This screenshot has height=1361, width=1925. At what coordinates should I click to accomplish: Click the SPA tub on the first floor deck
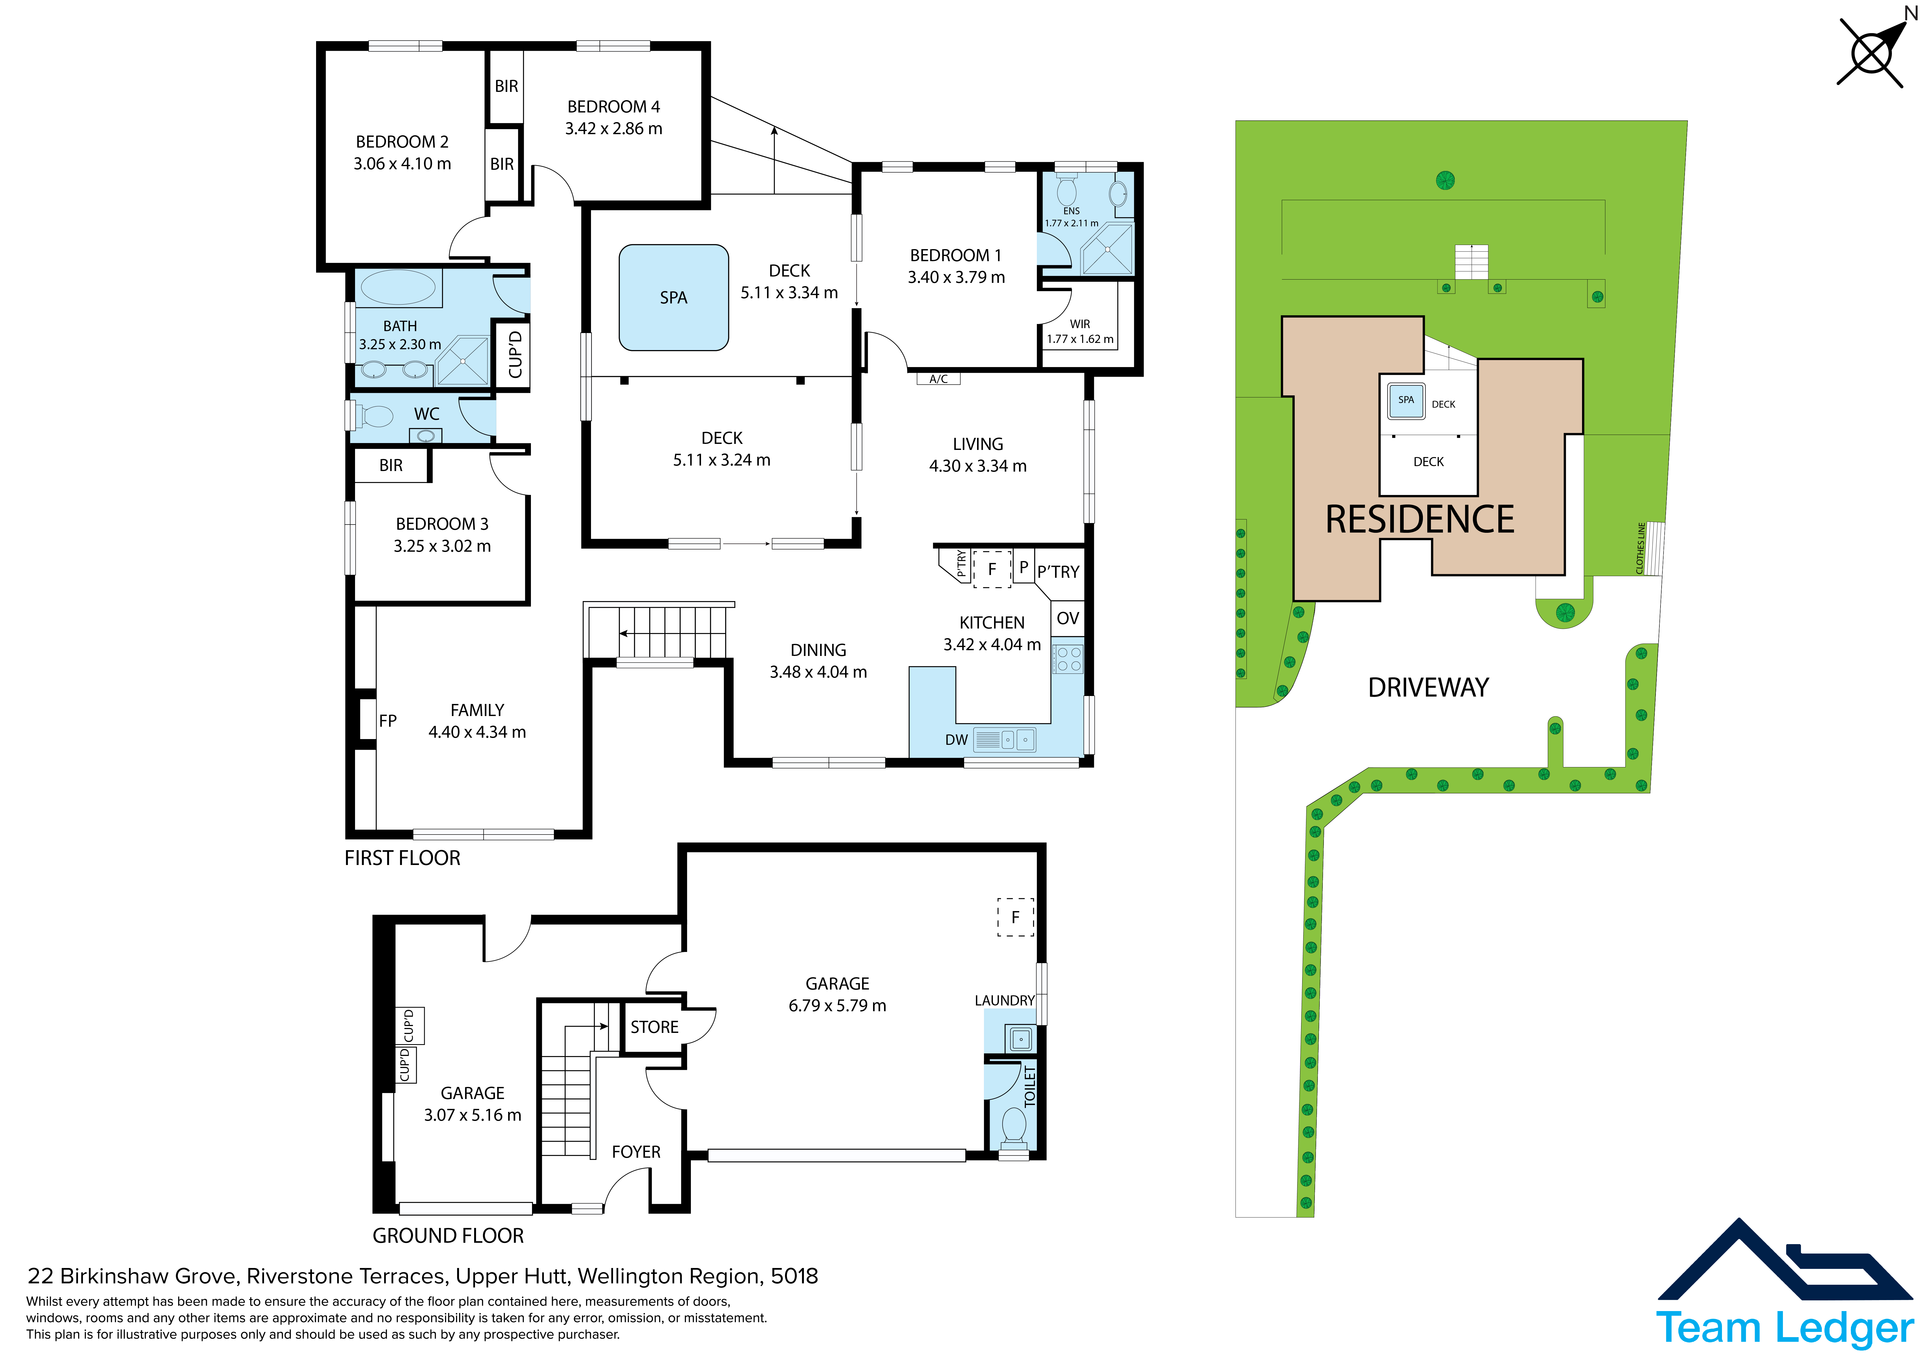(673, 298)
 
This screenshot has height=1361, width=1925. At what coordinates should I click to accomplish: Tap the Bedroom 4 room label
(614, 106)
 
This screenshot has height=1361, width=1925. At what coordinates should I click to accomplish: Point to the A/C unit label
(938, 379)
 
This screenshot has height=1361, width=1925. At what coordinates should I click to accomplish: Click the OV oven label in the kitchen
(1067, 618)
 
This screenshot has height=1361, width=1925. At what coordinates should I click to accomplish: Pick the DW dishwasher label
(956, 740)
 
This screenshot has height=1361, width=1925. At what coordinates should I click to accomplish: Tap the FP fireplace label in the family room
(387, 720)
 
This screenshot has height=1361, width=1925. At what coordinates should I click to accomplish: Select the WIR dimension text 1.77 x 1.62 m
(1080, 339)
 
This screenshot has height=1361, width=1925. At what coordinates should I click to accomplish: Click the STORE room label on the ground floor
(654, 1027)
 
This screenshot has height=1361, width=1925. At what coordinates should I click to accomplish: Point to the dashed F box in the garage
(1015, 917)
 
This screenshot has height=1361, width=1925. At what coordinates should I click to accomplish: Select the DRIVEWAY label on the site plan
(1428, 687)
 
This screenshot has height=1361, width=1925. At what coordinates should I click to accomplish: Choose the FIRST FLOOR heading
(403, 858)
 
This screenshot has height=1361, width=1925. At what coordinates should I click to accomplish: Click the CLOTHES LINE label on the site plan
(1641, 548)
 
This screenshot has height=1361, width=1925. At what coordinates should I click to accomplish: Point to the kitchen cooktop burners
(1068, 658)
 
